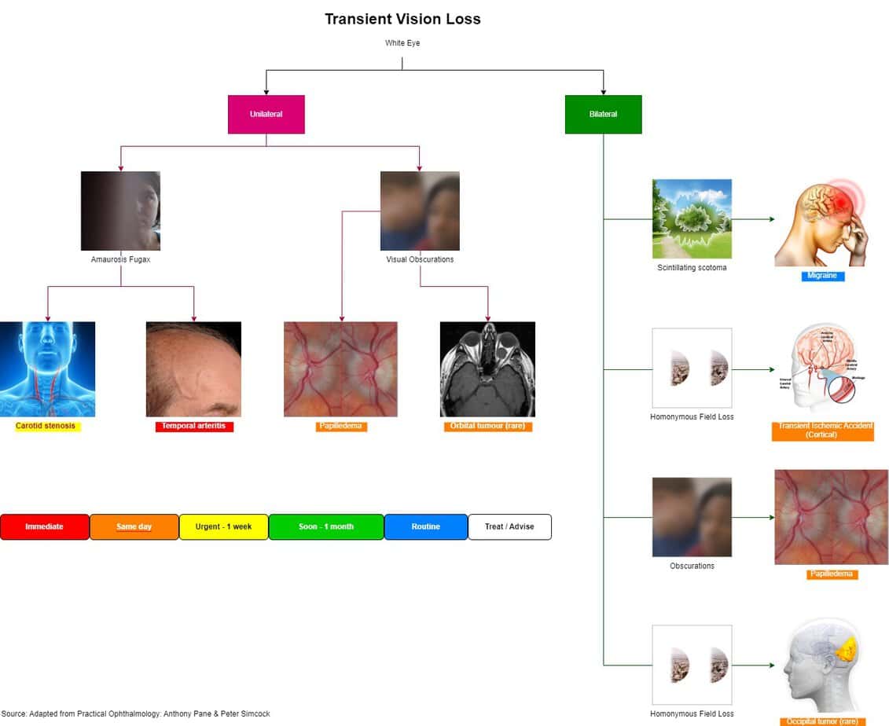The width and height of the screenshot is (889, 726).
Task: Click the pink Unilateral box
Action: (x=266, y=115)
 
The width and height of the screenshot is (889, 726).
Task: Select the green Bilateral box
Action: (x=603, y=115)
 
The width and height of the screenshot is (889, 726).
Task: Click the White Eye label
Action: (x=402, y=43)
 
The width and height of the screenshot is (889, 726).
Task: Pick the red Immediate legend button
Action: (x=45, y=526)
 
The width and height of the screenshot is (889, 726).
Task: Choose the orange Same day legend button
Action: (x=134, y=526)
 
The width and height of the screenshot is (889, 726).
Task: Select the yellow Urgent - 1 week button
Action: (x=223, y=526)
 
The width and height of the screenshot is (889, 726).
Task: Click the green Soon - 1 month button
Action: (x=326, y=526)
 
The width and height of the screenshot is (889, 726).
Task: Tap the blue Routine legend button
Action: (x=425, y=526)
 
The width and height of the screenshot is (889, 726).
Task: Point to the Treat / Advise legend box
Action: (x=509, y=526)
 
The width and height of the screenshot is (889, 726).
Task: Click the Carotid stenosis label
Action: (x=46, y=426)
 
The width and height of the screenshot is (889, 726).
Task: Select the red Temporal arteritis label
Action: (x=193, y=426)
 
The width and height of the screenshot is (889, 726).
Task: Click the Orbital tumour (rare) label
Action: (x=487, y=426)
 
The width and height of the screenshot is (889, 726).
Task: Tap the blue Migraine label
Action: (x=822, y=276)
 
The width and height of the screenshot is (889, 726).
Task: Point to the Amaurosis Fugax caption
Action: (x=120, y=259)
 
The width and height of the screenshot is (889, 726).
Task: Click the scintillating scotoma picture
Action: (x=692, y=218)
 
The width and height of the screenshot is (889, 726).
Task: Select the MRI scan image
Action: (x=487, y=368)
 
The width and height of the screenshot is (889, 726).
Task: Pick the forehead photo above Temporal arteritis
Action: (x=193, y=368)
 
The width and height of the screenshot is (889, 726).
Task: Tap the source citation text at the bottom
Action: (x=135, y=713)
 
